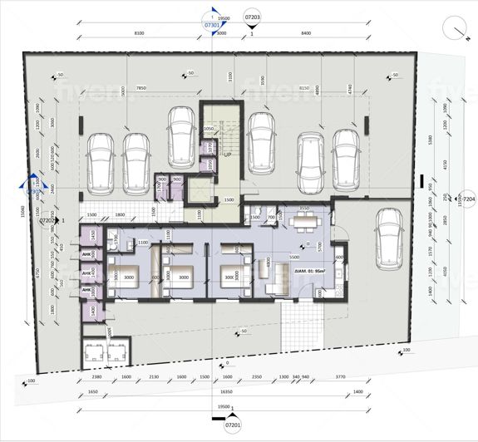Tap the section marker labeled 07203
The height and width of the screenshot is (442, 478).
[253, 16]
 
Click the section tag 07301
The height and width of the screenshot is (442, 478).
[213, 26]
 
